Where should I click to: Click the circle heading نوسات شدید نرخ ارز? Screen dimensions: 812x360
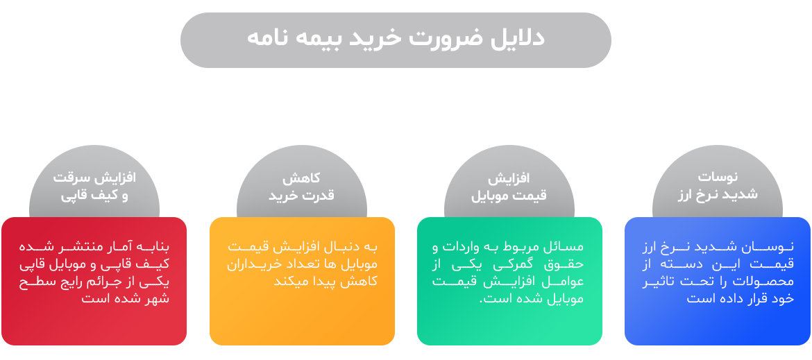(x=717, y=186)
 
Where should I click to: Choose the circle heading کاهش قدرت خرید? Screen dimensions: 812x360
(x=301, y=187)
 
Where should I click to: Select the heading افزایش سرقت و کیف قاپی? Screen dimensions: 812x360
(x=94, y=186)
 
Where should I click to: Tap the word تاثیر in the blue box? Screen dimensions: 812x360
(x=661, y=282)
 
